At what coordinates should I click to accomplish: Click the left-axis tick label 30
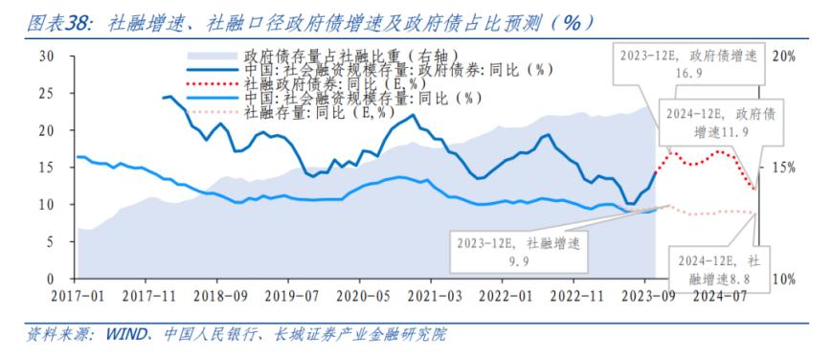[x=45, y=56]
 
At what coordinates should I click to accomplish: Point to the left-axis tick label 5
[x=50, y=241]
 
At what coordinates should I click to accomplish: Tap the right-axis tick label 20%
[x=784, y=56]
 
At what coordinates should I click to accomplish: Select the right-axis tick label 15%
[x=784, y=168]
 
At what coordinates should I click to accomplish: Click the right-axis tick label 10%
[x=784, y=279]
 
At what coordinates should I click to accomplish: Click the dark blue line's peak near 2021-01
[x=413, y=116]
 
